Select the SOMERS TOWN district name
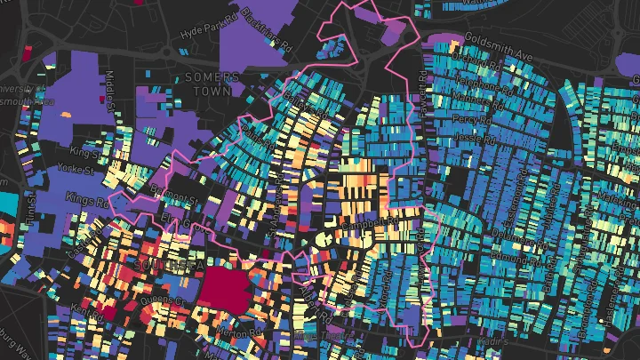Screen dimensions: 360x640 click(x=212, y=84)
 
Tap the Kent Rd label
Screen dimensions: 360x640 click(x=76, y=313)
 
